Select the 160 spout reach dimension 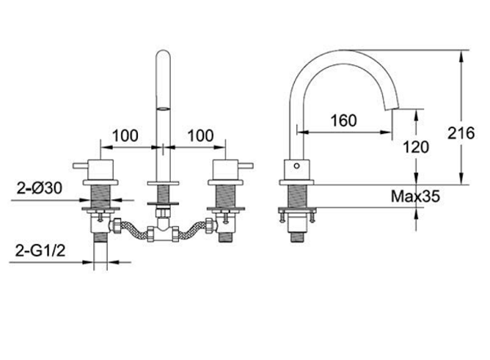pos(345,121)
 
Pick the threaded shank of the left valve pos(102,197)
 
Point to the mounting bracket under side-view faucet pos(296,217)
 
